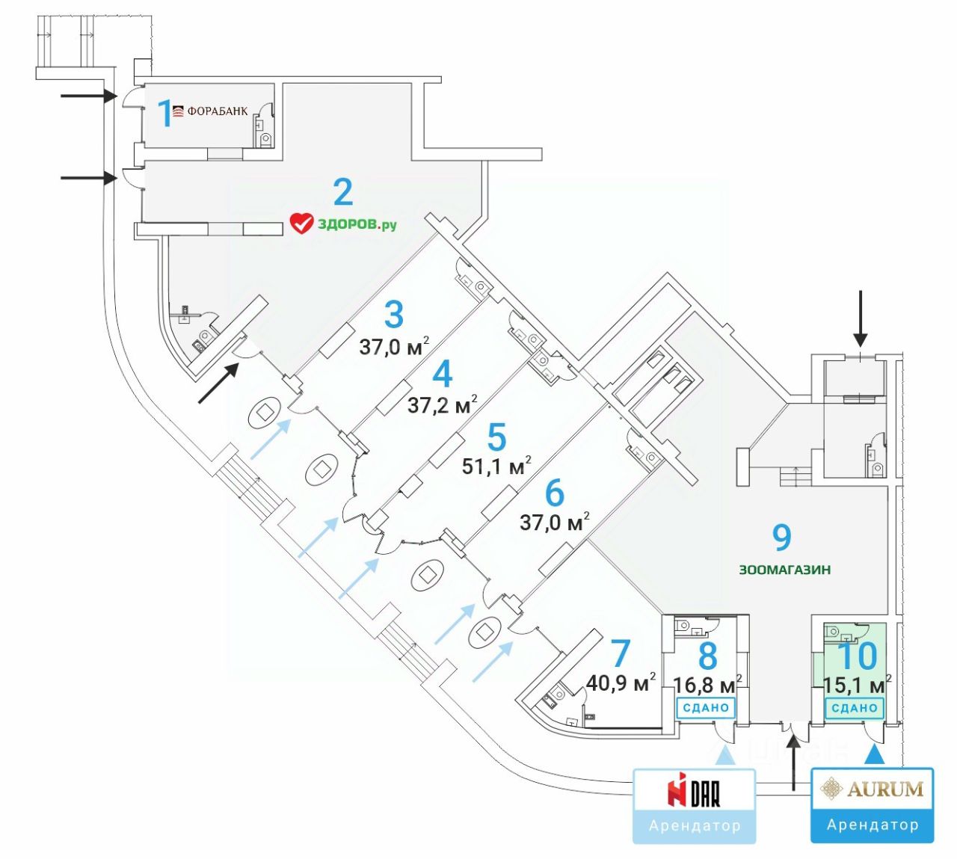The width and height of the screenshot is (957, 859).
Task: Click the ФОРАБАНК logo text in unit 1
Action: (x=217, y=112)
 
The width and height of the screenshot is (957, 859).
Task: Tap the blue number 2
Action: (x=343, y=192)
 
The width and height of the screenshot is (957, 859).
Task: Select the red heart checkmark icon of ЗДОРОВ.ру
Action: (x=301, y=223)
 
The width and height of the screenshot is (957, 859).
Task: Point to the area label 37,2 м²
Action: (x=442, y=404)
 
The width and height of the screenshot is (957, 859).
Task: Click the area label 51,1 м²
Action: (x=496, y=466)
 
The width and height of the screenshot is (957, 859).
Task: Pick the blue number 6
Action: (x=554, y=493)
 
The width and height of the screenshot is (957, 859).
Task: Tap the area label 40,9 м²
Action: (x=621, y=682)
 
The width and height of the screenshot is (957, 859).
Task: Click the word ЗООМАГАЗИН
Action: (x=785, y=570)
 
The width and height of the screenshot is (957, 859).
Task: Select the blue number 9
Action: (x=781, y=536)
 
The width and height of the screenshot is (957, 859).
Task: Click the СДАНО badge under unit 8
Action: (x=706, y=707)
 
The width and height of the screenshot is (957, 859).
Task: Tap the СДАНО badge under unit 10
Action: (x=855, y=707)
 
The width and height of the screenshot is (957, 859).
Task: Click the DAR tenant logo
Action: (x=695, y=792)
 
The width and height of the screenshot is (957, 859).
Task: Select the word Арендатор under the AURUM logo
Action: (x=873, y=825)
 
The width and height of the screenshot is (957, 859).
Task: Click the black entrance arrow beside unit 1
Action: (x=89, y=96)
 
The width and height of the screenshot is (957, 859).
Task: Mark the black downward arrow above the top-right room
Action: (x=860, y=318)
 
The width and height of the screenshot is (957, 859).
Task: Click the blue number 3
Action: (x=394, y=315)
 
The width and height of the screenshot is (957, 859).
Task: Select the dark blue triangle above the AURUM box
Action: (x=874, y=757)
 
